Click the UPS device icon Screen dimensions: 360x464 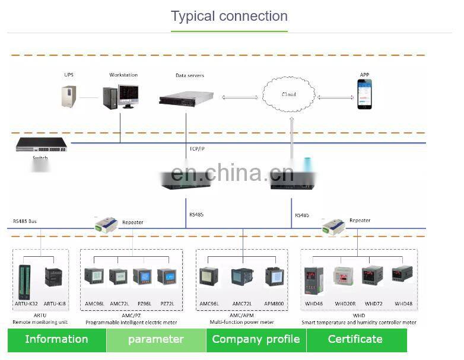tap(69, 95)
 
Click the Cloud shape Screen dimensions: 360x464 tap(289, 94)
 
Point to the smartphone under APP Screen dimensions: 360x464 tap(364, 94)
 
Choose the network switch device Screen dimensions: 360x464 tap(42, 144)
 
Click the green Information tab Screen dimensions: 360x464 tap(56, 340)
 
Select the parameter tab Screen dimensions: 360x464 tap(156, 340)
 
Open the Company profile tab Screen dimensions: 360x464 tap(256, 340)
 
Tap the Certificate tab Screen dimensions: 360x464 tap(355, 340)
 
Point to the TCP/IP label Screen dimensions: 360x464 tap(198, 149)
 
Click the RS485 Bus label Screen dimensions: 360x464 tap(25, 221)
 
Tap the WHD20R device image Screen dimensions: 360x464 tap(345, 276)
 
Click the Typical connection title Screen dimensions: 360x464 tap(229, 16)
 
